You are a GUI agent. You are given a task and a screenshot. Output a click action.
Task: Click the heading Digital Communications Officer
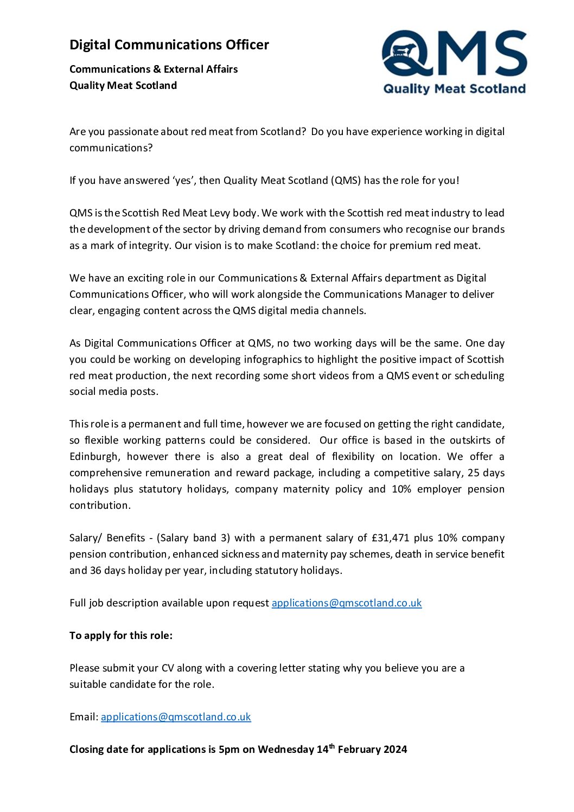tap(169, 45)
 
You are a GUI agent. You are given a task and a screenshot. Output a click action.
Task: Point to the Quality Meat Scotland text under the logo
tap(454, 89)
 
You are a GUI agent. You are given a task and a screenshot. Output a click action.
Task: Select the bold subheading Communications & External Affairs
tap(154, 69)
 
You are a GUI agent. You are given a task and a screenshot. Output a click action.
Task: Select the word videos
tap(314, 376)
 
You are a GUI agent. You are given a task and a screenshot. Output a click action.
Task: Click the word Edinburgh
tap(94, 457)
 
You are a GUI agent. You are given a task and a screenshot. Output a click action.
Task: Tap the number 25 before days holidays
tap(474, 473)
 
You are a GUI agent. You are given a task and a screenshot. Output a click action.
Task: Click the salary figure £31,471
tap(391, 538)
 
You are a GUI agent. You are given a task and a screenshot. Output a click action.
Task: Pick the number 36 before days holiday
tap(95, 571)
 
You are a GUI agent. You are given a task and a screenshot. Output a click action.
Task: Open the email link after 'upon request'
tap(346, 603)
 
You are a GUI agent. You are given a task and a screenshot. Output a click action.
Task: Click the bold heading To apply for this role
tap(121, 636)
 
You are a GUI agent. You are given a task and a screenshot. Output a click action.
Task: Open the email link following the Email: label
tap(176, 717)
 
